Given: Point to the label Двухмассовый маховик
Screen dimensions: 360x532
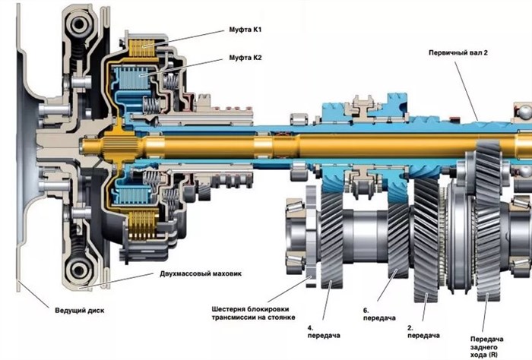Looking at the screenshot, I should [x=201, y=273].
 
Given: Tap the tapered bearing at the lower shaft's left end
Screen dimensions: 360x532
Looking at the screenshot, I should [x=296, y=232].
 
